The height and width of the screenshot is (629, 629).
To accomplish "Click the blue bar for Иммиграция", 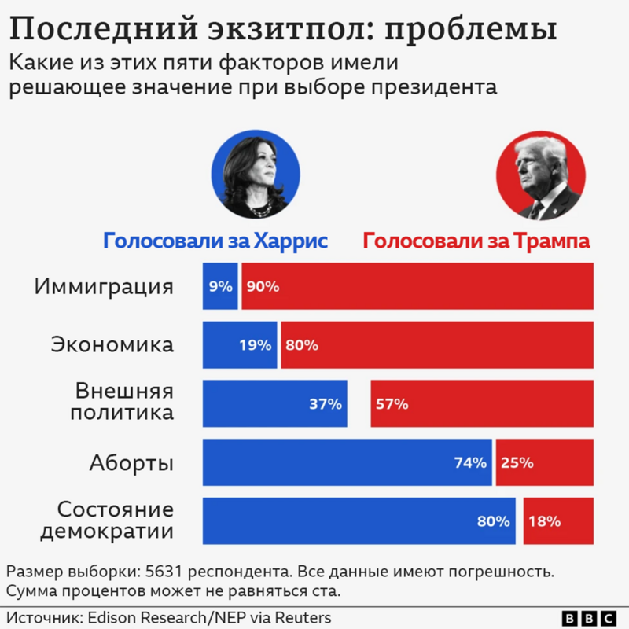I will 220,286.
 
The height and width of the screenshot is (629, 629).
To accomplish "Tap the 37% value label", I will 325,404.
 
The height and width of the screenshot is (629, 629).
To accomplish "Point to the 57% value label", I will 392,404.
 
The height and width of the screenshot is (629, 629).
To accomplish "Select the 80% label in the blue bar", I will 493,520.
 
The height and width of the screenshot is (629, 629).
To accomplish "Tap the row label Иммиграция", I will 103,286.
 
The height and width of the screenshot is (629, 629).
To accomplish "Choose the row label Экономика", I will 112,345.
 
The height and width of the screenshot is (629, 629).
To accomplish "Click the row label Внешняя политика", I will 123,402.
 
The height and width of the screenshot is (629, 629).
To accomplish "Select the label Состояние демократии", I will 107,520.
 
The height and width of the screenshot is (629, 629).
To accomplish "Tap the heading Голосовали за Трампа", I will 476,241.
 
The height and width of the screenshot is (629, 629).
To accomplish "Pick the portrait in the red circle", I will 541,175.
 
